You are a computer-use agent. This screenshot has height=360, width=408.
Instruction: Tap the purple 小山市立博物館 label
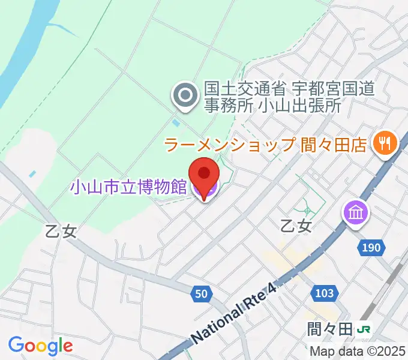point(128,187)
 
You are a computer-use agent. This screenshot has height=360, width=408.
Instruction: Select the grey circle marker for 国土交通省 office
point(184,96)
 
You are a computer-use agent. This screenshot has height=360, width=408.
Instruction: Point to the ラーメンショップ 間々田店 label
point(265,144)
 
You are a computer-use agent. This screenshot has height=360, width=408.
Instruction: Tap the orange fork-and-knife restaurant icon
point(382,143)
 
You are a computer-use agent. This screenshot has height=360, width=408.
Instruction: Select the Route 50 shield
point(202,293)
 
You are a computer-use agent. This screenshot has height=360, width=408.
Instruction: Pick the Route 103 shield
point(324,292)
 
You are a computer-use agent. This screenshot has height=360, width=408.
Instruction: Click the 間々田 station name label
point(328,329)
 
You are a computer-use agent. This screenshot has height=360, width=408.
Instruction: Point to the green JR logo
point(363,329)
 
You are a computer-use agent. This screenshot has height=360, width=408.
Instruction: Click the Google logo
point(40,346)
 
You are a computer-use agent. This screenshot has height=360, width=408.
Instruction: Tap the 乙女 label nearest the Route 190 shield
point(297,226)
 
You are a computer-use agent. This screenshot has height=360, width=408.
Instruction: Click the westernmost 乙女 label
point(61,231)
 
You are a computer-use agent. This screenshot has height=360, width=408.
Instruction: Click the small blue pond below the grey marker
point(175,122)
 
